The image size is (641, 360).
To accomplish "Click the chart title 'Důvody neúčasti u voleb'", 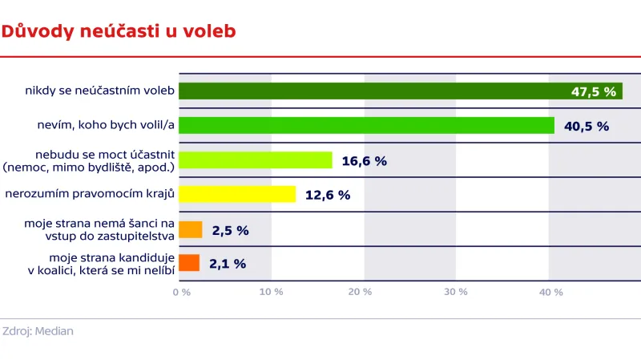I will click(118, 31).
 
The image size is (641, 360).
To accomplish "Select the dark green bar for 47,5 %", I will click(369, 91).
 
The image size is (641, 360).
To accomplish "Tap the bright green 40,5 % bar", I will click(366, 126).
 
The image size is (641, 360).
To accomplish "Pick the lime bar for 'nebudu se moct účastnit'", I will click(255, 160).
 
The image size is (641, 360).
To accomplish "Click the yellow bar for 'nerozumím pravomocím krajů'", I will click(237, 194).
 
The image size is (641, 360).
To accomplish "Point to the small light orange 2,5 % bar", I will click(190, 230).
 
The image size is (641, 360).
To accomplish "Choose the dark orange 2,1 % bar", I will click(188, 263).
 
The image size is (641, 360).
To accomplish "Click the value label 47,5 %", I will click(594, 91).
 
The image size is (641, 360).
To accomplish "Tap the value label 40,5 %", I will click(587, 126).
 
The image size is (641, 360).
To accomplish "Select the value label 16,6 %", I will click(364, 160).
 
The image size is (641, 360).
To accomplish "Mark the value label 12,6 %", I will click(328, 195).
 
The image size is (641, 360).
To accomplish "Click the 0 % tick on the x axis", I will click(182, 293).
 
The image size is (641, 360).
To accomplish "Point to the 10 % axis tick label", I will click(272, 293).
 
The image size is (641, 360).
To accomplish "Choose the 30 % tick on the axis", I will click(456, 293).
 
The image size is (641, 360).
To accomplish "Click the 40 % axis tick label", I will click(550, 293).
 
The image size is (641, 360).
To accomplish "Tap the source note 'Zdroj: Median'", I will click(38, 331).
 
